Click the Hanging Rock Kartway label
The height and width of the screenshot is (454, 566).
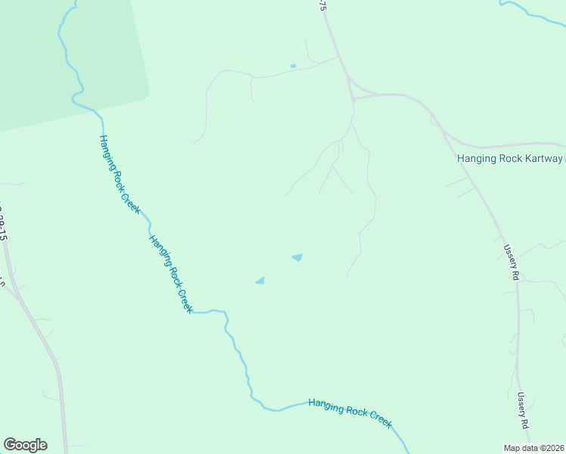pyautogui.click(x=510, y=158)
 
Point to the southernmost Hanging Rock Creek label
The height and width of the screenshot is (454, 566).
pyautogui.click(x=350, y=413)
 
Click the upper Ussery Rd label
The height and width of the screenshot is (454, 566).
pyautogui.click(x=512, y=263)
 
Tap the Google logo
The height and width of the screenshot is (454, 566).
pyautogui.click(x=25, y=445)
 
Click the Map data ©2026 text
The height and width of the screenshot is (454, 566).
pyautogui.click(x=534, y=448)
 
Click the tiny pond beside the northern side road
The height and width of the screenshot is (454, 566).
pyautogui.click(x=293, y=66)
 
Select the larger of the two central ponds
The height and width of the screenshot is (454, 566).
pyautogui.click(x=297, y=258)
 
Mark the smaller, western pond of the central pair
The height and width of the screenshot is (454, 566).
pyautogui.click(x=260, y=281)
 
